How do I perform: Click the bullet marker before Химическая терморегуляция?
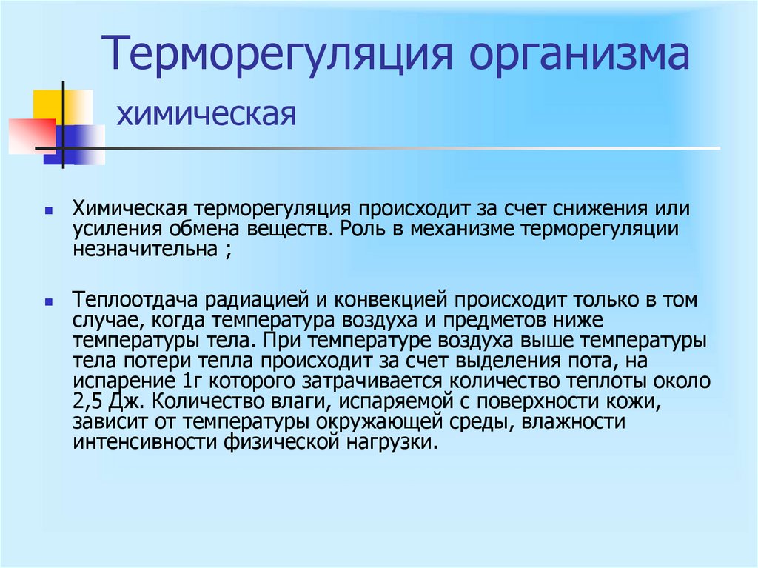47,211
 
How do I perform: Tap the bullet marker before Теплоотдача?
47,303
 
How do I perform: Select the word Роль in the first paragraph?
363,229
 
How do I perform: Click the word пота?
588,363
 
